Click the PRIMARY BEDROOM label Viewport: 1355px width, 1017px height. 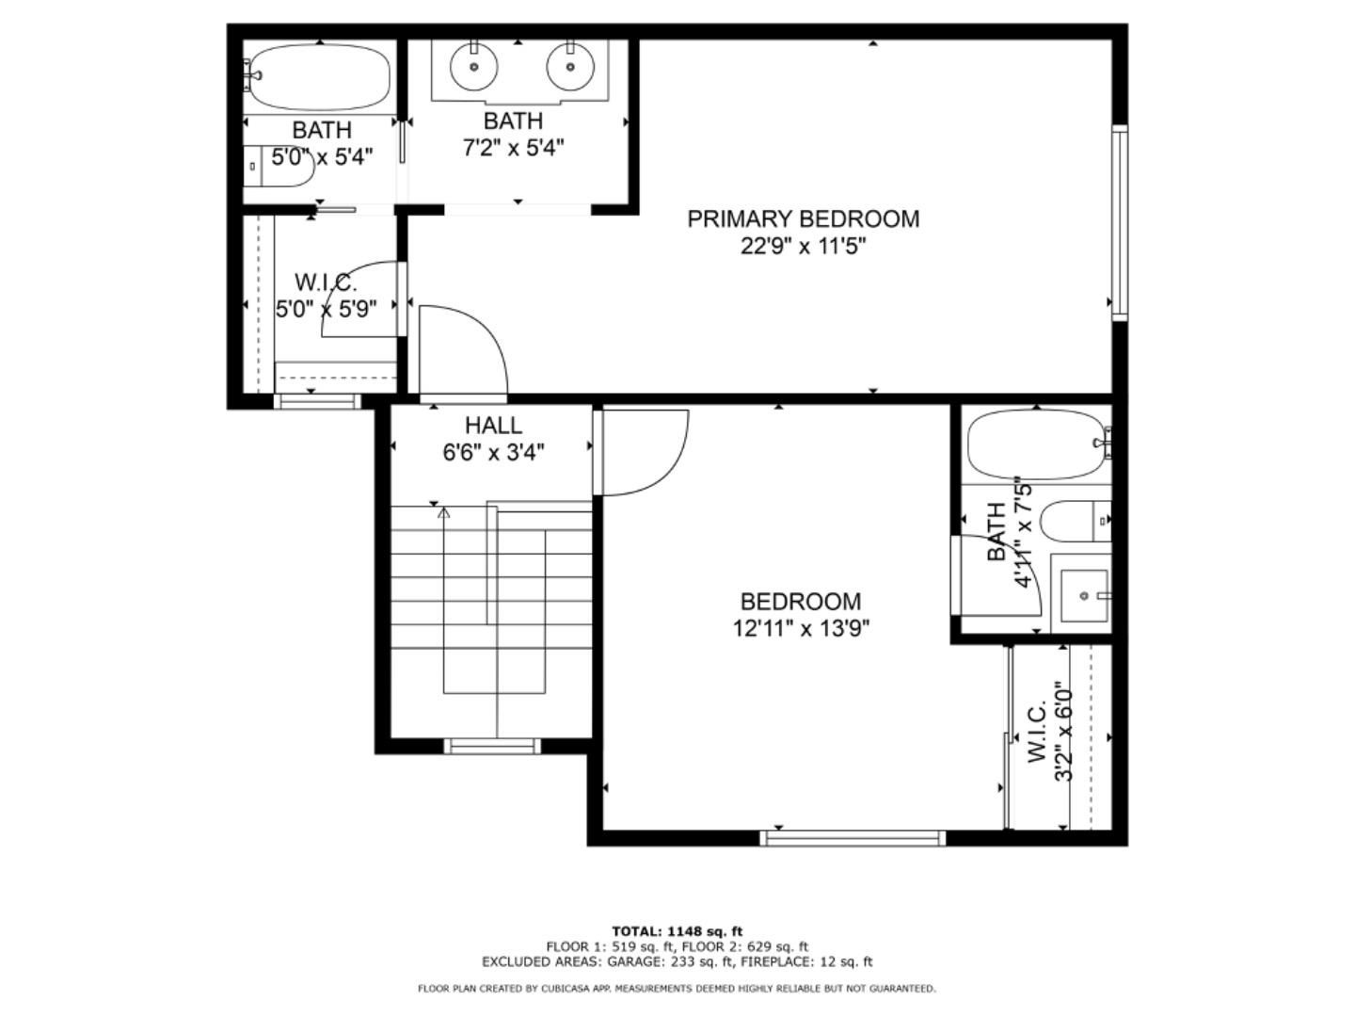click(x=803, y=218)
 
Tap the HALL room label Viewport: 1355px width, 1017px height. click(x=493, y=426)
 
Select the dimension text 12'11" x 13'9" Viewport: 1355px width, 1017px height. click(x=801, y=628)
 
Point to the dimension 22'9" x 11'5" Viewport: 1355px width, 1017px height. click(x=803, y=247)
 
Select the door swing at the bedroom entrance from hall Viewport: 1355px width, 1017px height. click(x=645, y=452)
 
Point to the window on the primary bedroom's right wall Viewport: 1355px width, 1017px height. click(x=1119, y=223)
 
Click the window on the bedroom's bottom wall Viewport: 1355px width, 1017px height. click(x=853, y=837)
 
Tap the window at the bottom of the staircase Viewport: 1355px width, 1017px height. click(x=492, y=746)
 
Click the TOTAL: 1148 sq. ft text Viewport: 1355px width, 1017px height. click(x=677, y=931)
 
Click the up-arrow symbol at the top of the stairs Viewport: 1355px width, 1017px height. click(x=443, y=513)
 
